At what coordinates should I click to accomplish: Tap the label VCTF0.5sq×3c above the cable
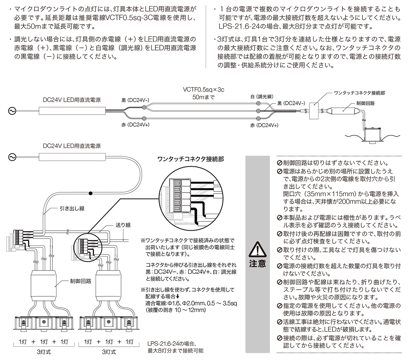(x=204, y=89)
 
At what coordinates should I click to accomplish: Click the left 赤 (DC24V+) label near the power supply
(x=136, y=125)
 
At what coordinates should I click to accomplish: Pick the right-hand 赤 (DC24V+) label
(x=264, y=125)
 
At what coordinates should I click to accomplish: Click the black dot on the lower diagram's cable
(x=90, y=194)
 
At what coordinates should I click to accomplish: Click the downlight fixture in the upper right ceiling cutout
(x=371, y=134)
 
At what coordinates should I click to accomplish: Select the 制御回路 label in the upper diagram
(x=365, y=103)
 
